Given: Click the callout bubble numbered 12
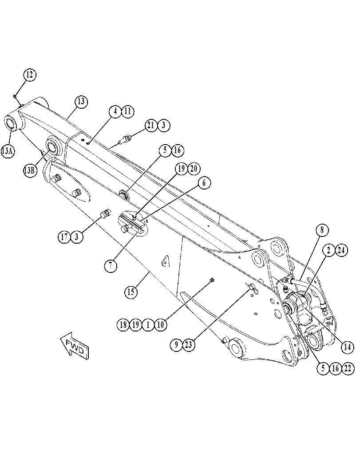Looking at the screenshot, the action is [x=29, y=75].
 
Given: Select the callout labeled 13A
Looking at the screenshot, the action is [x=8, y=151].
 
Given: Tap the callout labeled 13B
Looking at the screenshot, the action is [x=30, y=170].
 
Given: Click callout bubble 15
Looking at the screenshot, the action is [x=131, y=292].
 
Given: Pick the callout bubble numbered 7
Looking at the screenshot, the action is [x=111, y=265].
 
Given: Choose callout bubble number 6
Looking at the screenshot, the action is [x=204, y=183].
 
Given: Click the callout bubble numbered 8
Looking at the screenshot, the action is [x=322, y=230].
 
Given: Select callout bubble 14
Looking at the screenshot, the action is [x=348, y=347].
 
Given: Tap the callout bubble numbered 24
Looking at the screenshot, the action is [x=341, y=250].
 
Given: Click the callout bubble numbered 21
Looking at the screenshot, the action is [x=151, y=125].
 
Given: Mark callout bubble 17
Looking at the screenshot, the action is [x=64, y=237].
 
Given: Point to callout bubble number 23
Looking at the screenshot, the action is [x=189, y=345].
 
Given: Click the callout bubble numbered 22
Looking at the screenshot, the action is [x=348, y=368].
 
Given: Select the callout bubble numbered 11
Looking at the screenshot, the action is [x=127, y=111].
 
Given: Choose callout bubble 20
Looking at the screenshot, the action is [x=194, y=169].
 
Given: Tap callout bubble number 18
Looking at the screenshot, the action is [x=123, y=324].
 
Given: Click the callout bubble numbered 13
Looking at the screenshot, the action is [x=81, y=102].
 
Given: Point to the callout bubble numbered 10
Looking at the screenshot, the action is [x=161, y=324].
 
